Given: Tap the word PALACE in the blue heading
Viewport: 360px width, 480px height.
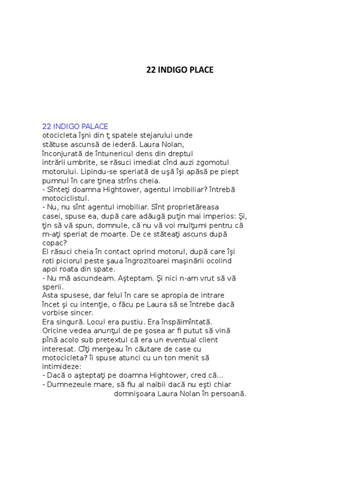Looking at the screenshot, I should click(95, 126).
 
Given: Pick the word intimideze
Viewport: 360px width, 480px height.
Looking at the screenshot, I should click(61, 367).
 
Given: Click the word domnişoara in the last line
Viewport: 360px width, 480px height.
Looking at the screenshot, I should click(135, 394).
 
